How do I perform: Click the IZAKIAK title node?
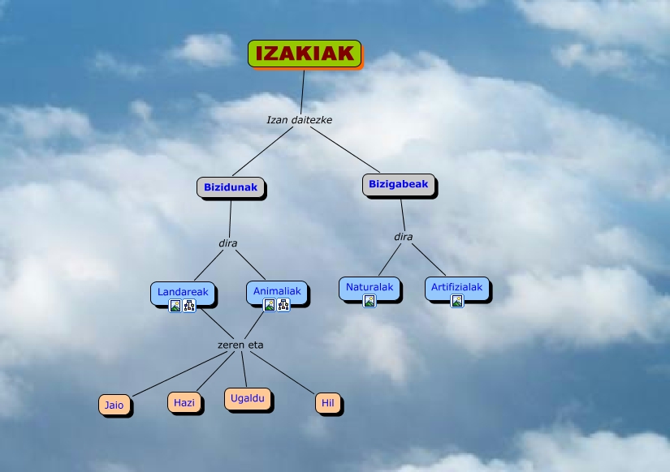[305, 54]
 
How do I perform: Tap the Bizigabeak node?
[398, 185]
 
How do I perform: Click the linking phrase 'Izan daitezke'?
[299, 120]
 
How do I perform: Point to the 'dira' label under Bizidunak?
[227, 242]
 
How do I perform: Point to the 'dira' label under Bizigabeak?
[403, 237]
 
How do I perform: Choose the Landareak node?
[183, 291]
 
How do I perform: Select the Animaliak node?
[277, 291]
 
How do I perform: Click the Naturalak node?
[370, 287]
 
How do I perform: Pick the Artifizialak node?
[456, 287]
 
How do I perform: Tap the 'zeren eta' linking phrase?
[240, 345]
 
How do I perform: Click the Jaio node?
[115, 404]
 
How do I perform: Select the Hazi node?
[184, 402]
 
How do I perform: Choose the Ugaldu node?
[247, 399]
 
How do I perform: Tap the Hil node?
[328, 403]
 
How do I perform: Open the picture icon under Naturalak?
[370, 301]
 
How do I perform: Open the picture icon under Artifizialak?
[457, 301]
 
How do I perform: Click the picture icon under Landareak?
[175, 306]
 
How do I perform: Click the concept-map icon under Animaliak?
[283, 305]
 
